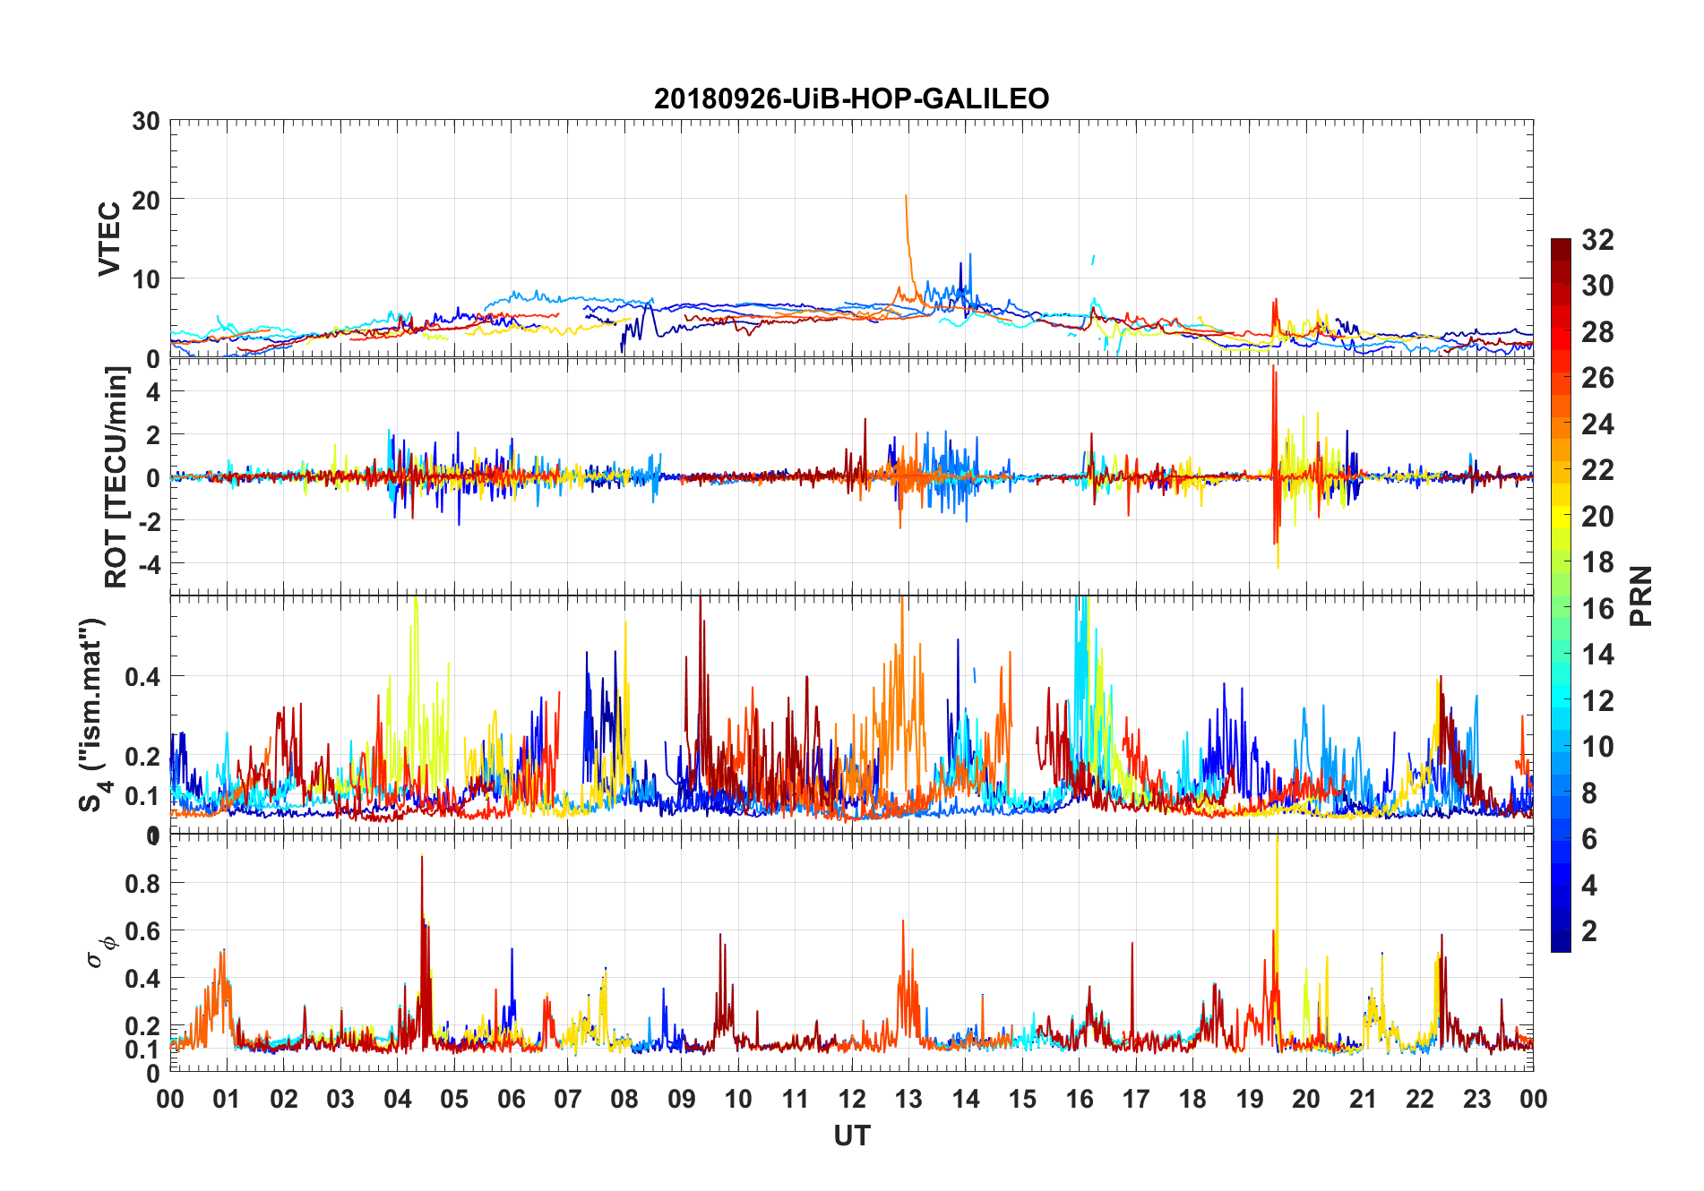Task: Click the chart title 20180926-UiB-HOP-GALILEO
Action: [851, 99]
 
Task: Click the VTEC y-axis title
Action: [109, 239]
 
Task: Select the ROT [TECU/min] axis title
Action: [116, 476]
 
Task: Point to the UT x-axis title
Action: [851, 1135]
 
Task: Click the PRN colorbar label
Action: [1641, 595]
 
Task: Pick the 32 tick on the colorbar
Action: [1597, 240]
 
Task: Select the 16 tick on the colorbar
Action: [1597, 609]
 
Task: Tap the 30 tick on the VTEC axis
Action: [146, 121]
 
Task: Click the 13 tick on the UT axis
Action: [908, 1099]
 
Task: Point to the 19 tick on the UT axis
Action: [1250, 1099]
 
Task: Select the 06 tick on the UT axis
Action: [511, 1099]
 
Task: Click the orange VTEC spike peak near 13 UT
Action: [906, 195]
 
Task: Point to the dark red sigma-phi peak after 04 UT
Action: [422, 857]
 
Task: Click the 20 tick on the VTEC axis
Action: [146, 200]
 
